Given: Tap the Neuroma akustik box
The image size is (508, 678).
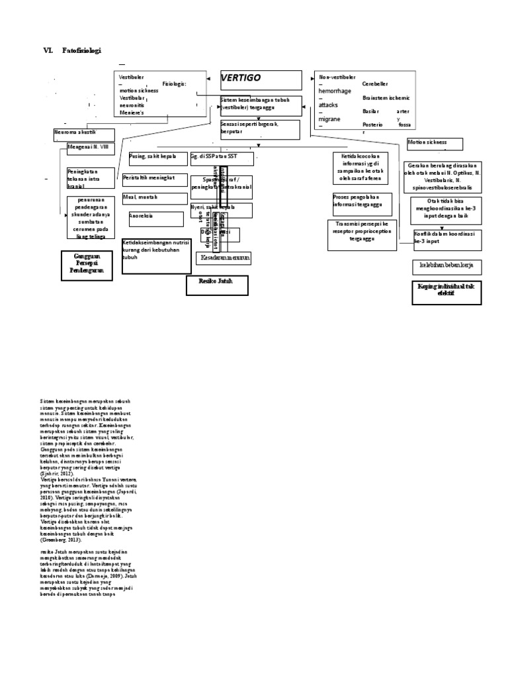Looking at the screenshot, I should tap(84, 134).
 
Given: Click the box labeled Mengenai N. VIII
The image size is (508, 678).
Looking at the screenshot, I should tap(90, 148).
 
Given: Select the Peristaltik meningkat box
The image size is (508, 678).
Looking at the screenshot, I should tap(154, 179).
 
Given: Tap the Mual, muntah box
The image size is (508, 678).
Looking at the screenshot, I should tap(154, 199).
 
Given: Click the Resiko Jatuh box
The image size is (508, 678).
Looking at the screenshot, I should tap(216, 285).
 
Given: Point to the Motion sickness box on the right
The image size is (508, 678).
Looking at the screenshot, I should tap(434, 144).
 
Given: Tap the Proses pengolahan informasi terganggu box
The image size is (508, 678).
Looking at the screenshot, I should tap(361, 203).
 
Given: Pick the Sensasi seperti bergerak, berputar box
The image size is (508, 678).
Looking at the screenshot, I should tap(259, 128).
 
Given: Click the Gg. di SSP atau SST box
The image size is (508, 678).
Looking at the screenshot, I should tap(222, 158).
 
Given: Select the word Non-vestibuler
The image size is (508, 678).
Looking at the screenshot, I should tap(338, 78).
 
